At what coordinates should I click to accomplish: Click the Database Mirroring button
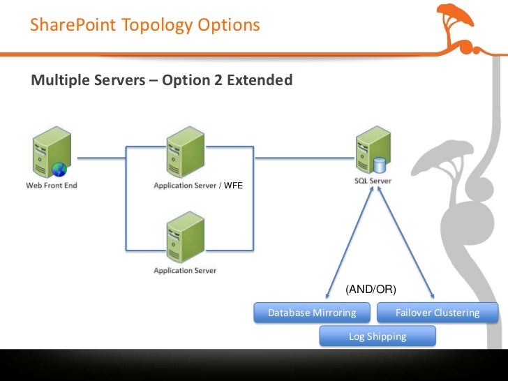[x=312, y=313]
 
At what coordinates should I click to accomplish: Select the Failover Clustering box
[x=438, y=313]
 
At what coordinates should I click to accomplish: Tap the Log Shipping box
[x=378, y=336]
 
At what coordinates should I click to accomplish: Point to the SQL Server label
[x=372, y=181]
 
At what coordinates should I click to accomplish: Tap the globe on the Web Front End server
[x=58, y=168]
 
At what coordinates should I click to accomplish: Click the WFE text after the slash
[x=233, y=186]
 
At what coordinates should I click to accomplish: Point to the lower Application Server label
[x=185, y=270]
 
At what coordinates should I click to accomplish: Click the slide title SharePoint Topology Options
[x=145, y=26]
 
